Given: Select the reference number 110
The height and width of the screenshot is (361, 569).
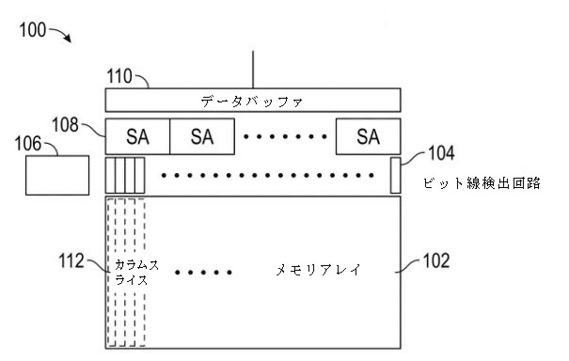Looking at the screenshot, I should point(120,77).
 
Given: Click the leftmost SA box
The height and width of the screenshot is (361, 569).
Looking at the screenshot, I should point(138,137).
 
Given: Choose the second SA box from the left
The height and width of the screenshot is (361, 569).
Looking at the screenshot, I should point(202,137).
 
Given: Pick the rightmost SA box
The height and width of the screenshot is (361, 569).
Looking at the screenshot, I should point(368,137).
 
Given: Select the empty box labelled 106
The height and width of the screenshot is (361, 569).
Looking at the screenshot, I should point(57,175).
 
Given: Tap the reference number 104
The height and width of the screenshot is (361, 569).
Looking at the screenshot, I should point(440,154).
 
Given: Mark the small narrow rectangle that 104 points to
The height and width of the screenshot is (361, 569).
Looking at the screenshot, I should point(395,175).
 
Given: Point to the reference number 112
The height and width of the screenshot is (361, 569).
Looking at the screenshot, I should point(72,261).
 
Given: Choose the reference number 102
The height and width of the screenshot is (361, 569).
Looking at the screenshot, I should point(436,261).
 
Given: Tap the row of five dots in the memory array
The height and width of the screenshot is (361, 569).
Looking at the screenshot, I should point(204,273).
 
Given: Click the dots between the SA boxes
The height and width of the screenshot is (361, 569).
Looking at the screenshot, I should point(285,137).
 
